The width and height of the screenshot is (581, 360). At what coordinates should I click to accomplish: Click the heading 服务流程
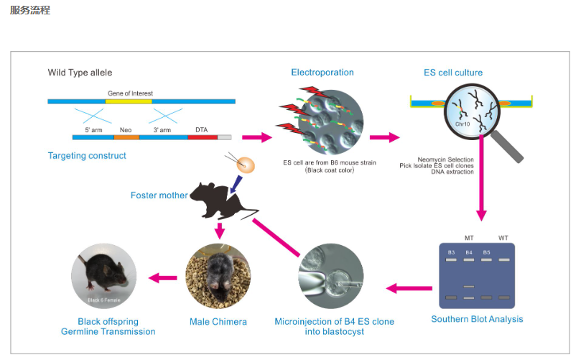coord(29,11)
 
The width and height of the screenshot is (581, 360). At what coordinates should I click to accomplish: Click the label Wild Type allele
coord(80,73)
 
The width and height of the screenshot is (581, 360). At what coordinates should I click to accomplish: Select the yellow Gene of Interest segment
coord(129,101)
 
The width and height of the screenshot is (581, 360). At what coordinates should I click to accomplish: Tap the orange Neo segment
coord(126,137)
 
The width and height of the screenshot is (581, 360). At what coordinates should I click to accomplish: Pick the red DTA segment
coord(202,137)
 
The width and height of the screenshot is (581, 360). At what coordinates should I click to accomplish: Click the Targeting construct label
coord(87,156)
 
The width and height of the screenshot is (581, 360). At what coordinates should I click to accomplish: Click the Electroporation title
coord(322,73)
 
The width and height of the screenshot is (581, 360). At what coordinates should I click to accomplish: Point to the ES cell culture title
coord(453,73)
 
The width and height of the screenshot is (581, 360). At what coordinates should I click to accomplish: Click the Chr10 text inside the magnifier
coord(462,123)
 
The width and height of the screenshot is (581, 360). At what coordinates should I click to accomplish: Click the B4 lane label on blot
coord(469,252)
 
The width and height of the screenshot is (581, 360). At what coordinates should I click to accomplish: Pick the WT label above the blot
coord(503,238)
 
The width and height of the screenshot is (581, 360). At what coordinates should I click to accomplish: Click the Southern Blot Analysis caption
coord(477,319)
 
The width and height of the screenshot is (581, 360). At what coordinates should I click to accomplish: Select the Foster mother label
coord(159,195)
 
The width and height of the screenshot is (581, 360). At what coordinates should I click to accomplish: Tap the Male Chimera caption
coord(218,321)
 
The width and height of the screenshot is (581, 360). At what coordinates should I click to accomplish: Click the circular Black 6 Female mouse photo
coord(103,276)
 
